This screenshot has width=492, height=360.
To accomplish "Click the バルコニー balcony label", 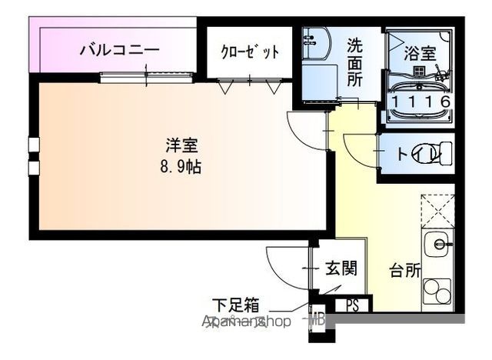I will click(x=120, y=51).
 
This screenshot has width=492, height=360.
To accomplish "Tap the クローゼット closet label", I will click(x=249, y=52).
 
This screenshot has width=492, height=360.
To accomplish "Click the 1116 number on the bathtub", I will click(x=420, y=101).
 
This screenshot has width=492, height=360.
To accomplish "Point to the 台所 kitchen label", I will click(x=404, y=270).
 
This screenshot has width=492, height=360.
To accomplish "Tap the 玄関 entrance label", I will click(x=340, y=268).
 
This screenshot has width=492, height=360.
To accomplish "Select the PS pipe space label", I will click(x=352, y=305).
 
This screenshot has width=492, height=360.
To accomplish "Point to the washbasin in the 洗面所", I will click(x=316, y=44).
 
